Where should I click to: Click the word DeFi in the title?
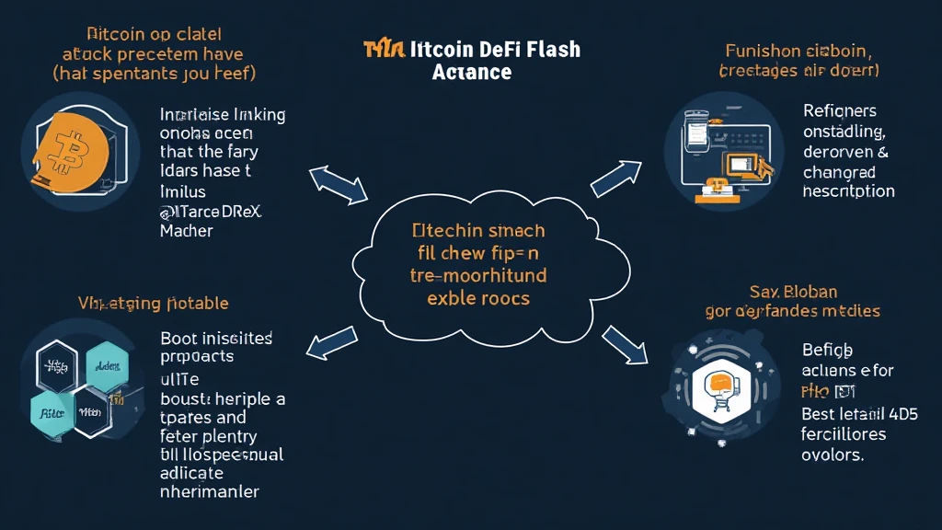tap(487, 50)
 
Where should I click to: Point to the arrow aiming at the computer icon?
tap(615, 178)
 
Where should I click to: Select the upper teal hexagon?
tap(105, 367)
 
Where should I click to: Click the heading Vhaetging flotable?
tap(155, 303)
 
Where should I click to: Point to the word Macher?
tap(186, 231)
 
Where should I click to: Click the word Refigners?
tap(839, 111)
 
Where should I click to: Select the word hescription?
tap(848, 191)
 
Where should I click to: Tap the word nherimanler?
tap(210, 491)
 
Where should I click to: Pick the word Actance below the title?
tap(471, 72)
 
